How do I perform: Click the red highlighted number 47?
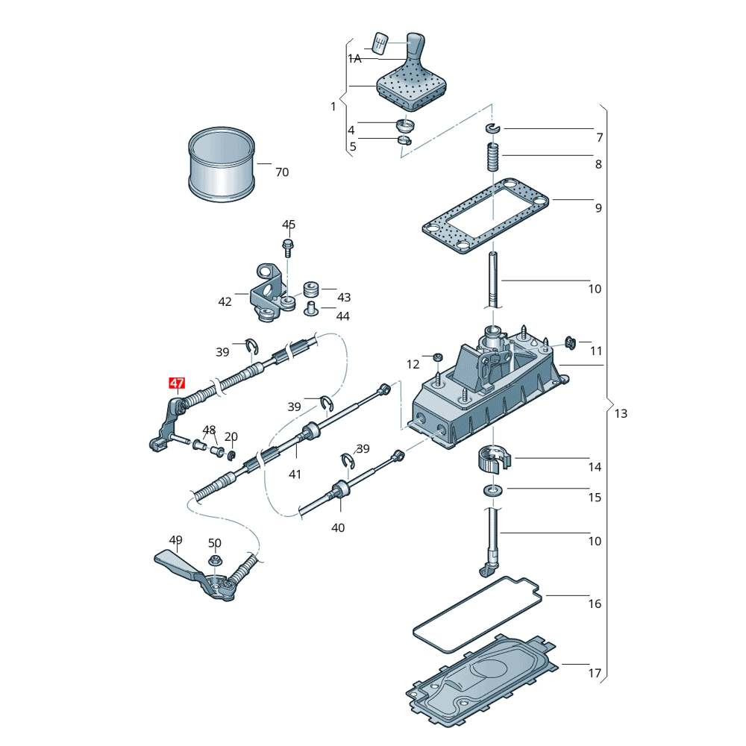point(177,384)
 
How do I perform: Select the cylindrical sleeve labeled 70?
point(222,165)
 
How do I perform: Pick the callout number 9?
point(598,208)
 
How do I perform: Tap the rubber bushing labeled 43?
point(311,289)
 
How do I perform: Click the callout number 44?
point(343,316)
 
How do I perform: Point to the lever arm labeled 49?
point(179,567)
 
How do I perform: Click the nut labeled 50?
point(215,561)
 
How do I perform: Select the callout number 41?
point(295,474)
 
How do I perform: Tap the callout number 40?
point(338,527)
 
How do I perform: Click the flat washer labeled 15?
point(492,491)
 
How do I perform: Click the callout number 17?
point(595,673)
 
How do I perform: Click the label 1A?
point(354,58)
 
